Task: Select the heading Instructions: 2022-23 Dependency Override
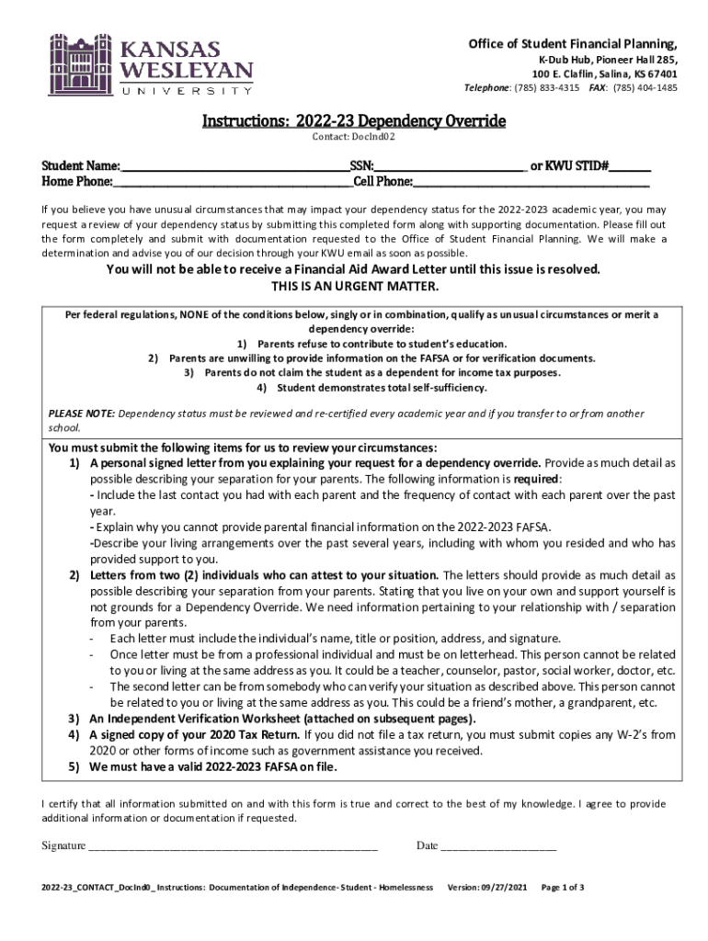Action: [x=354, y=121]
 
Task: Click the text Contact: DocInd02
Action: [x=354, y=138]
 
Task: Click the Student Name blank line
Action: [x=234, y=167]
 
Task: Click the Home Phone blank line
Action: [x=226, y=183]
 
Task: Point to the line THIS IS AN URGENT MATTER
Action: [x=354, y=287]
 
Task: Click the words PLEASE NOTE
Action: [x=82, y=414]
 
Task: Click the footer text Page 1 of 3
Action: [x=563, y=888]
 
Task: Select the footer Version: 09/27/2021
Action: [x=486, y=888]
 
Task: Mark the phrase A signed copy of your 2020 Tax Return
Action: [x=194, y=735]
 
